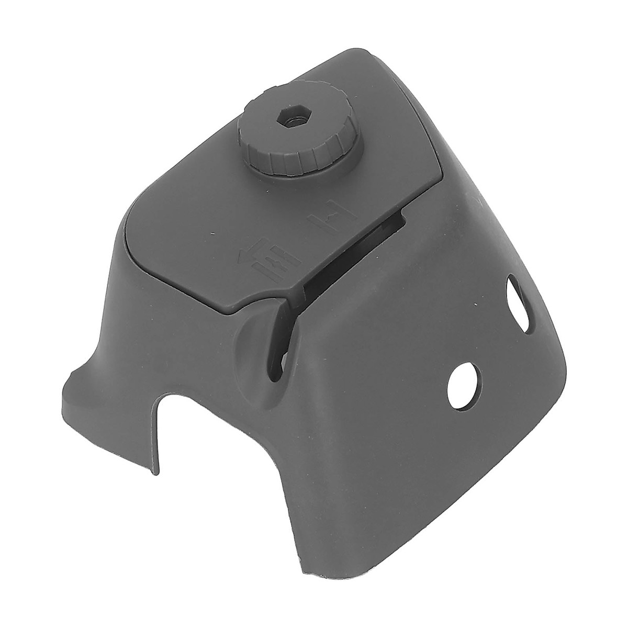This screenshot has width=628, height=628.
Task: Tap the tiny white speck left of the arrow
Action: (x=212, y=233)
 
